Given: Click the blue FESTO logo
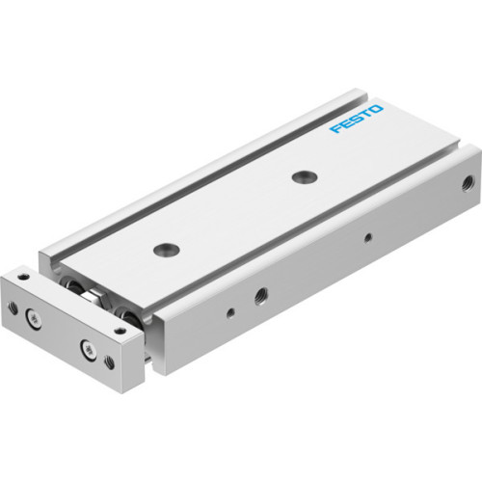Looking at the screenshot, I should click(356, 120).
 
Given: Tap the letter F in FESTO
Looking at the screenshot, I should click(335, 130).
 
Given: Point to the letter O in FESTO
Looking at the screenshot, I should click(377, 111).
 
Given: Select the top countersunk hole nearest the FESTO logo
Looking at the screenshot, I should click(306, 175).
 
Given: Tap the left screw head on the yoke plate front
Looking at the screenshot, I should click(36, 315).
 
